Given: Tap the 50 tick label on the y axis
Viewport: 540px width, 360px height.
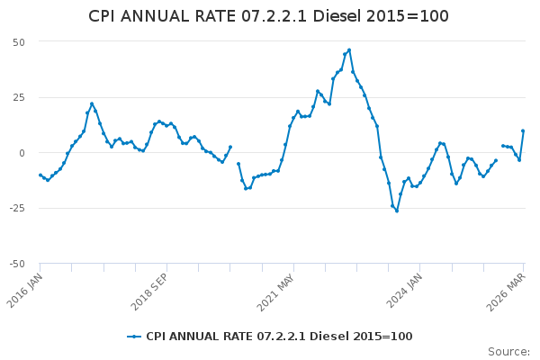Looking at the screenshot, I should click(x=18, y=42).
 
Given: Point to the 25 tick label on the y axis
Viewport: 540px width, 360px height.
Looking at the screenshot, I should click(x=18, y=97).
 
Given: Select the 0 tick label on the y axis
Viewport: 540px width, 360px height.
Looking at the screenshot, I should click(x=22, y=153).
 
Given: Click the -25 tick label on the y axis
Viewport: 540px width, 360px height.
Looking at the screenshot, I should click(x=16, y=208).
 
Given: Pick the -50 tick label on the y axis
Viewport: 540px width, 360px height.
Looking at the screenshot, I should click(x=16, y=264).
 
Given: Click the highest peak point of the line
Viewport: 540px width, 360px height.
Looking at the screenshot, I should click(x=349, y=50).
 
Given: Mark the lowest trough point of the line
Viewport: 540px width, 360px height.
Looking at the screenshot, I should click(x=397, y=211).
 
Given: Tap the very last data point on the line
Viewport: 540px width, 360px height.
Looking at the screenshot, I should click(x=523, y=130).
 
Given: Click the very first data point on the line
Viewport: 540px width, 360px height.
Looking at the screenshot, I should click(x=40, y=175).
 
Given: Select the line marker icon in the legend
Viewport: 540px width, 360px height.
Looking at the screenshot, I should click(x=135, y=337).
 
